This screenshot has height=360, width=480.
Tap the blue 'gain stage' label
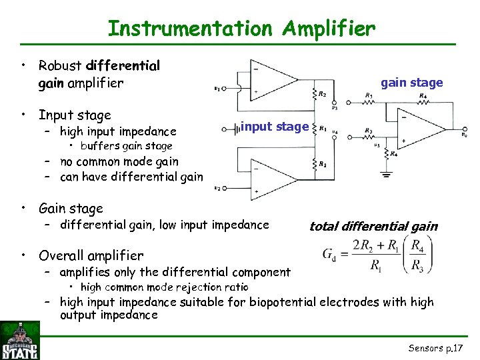(x=411, y=83)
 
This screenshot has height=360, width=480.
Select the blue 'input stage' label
(x=275, y=126)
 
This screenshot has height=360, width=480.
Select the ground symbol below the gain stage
(x=385, y=175)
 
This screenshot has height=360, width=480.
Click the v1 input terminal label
(x=217, y=87)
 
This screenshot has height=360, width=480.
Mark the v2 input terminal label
(x=217, y=188)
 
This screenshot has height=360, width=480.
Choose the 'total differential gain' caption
(x=373, y=226)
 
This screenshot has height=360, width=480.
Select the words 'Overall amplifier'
(x=91, y=255)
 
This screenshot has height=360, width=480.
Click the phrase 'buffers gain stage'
(x=126, y=146)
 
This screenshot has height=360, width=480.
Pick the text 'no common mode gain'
(x=119, y=161)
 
